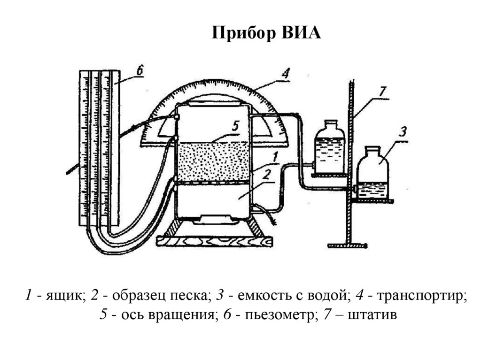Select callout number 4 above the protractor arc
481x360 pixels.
pyautogui.click(x=285, y=74)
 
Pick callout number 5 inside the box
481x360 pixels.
pyautogui.click(x=236, y=126)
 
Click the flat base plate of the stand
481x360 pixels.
pyautogui.click(x=348, y=245)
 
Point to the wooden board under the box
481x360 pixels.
pyautogui.click(x=214, y=241)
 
